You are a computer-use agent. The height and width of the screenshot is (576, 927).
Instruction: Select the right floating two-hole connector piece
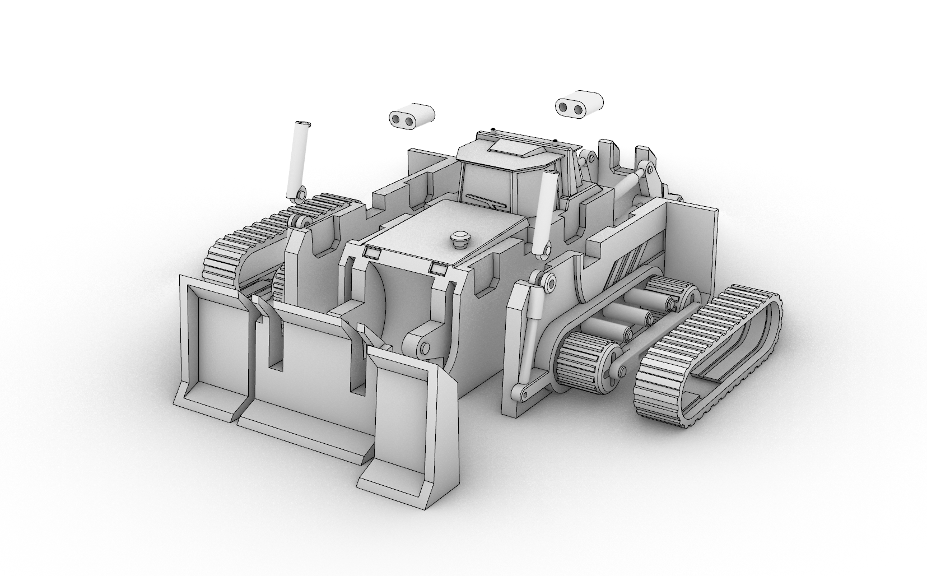coord(579,104)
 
